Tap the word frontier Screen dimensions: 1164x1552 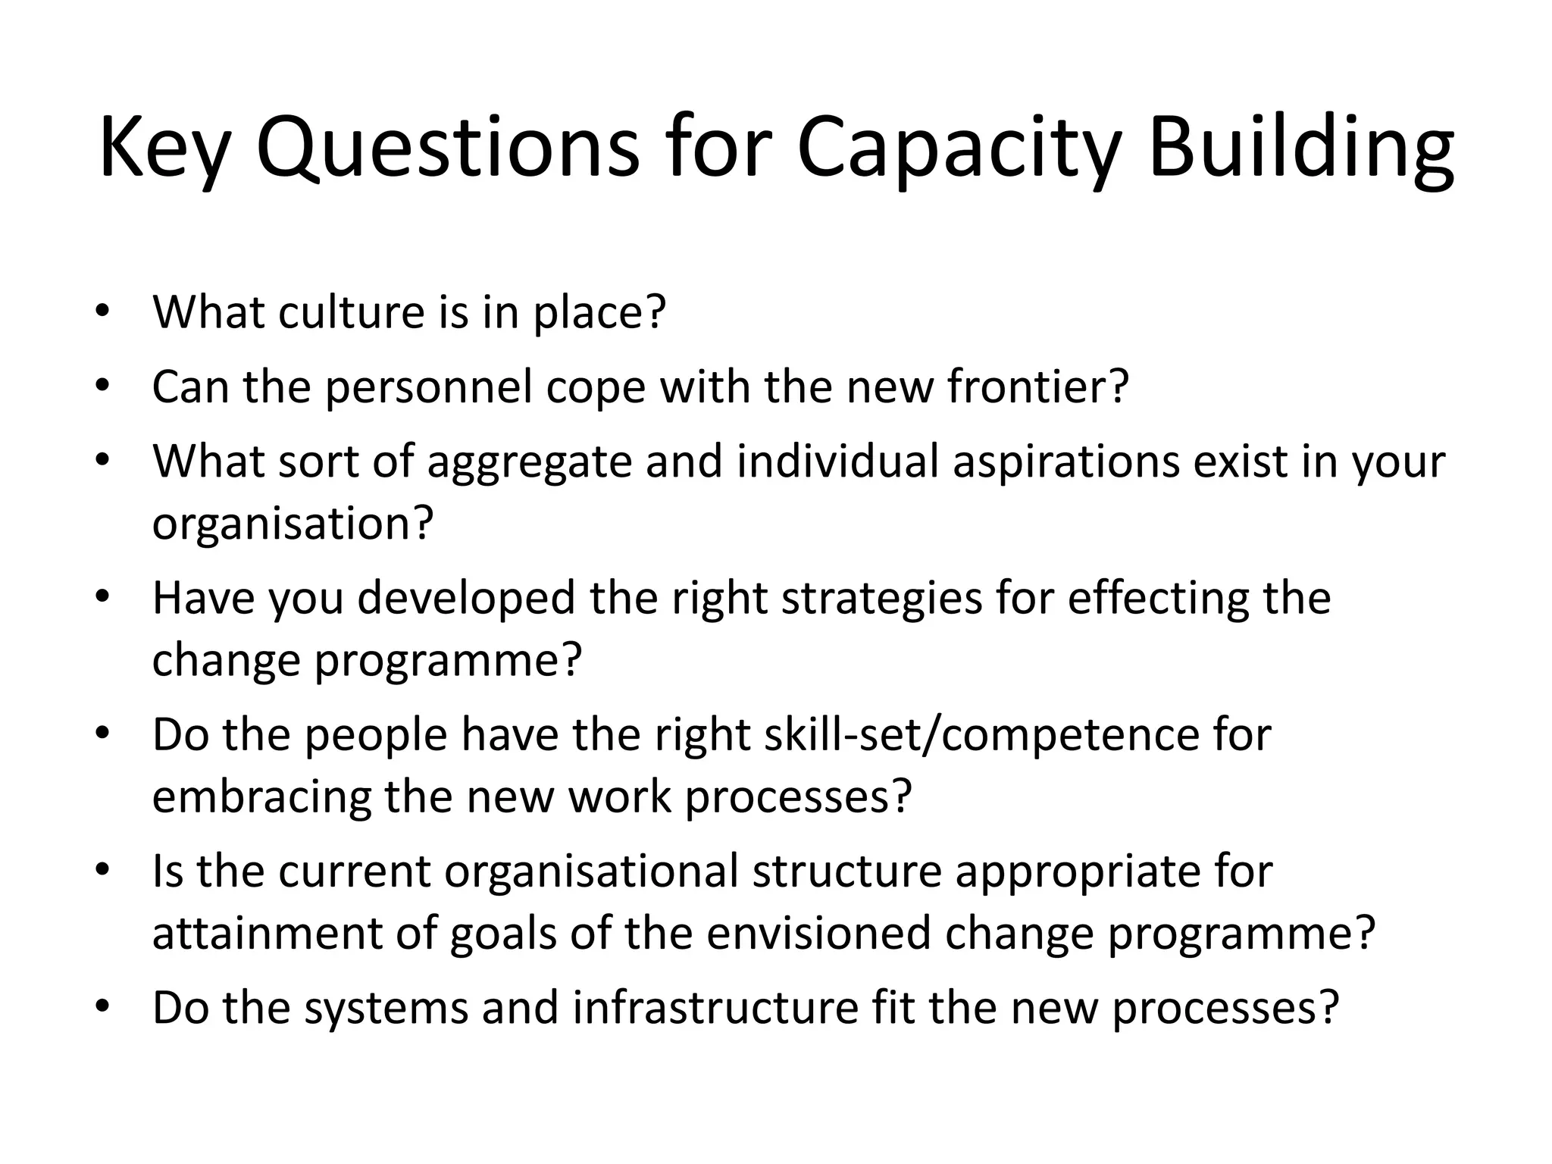coord(1037,386)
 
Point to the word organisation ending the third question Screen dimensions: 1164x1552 coord(293,523)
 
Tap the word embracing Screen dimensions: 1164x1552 coord(261,797)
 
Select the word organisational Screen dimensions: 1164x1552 coord(591,871)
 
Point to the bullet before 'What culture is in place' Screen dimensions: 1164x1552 coord(103,312)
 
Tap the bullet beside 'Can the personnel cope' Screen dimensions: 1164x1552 coord(103,387)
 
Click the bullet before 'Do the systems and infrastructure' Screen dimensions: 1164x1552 coord(103,1009)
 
